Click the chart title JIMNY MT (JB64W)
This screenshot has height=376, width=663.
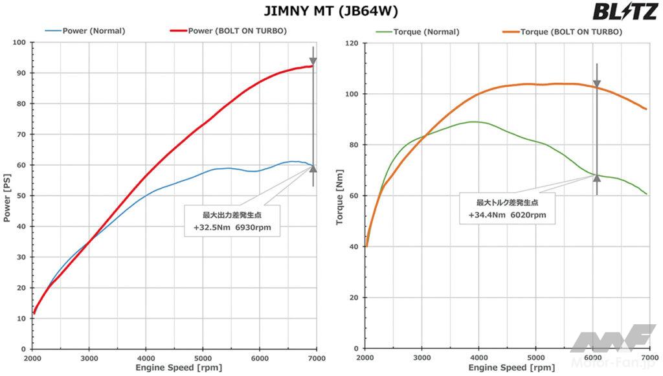[x=331, y=12]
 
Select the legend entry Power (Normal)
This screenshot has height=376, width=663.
[x=94, y=30]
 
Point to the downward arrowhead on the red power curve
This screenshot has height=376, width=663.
[x=313, y=62]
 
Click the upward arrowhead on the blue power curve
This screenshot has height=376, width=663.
[x=313, y=169]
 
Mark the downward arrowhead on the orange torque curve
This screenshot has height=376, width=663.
[x=597, y=84]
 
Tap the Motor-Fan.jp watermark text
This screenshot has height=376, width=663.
[x=620, y=367]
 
